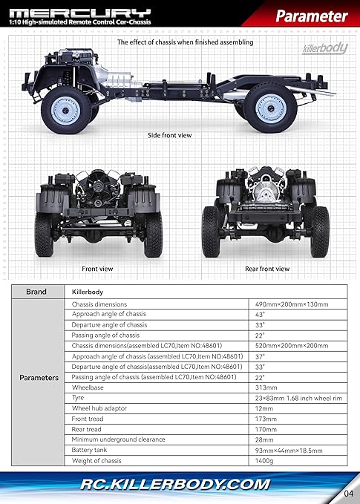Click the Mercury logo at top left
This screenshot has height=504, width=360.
click(80, 13)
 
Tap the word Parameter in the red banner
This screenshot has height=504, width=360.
click(312, 16)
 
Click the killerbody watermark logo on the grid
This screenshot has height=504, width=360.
click(325, 48)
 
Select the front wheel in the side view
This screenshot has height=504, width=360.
click(66, 111)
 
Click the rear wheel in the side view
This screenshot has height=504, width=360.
click(270, 108)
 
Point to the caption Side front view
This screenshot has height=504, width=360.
click(169, 135)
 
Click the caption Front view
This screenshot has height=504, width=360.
click(97, 269)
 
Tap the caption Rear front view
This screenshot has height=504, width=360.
click(267, 269)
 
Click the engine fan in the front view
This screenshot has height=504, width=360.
click(98, 186)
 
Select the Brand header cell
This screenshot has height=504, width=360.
click(38, 292)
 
